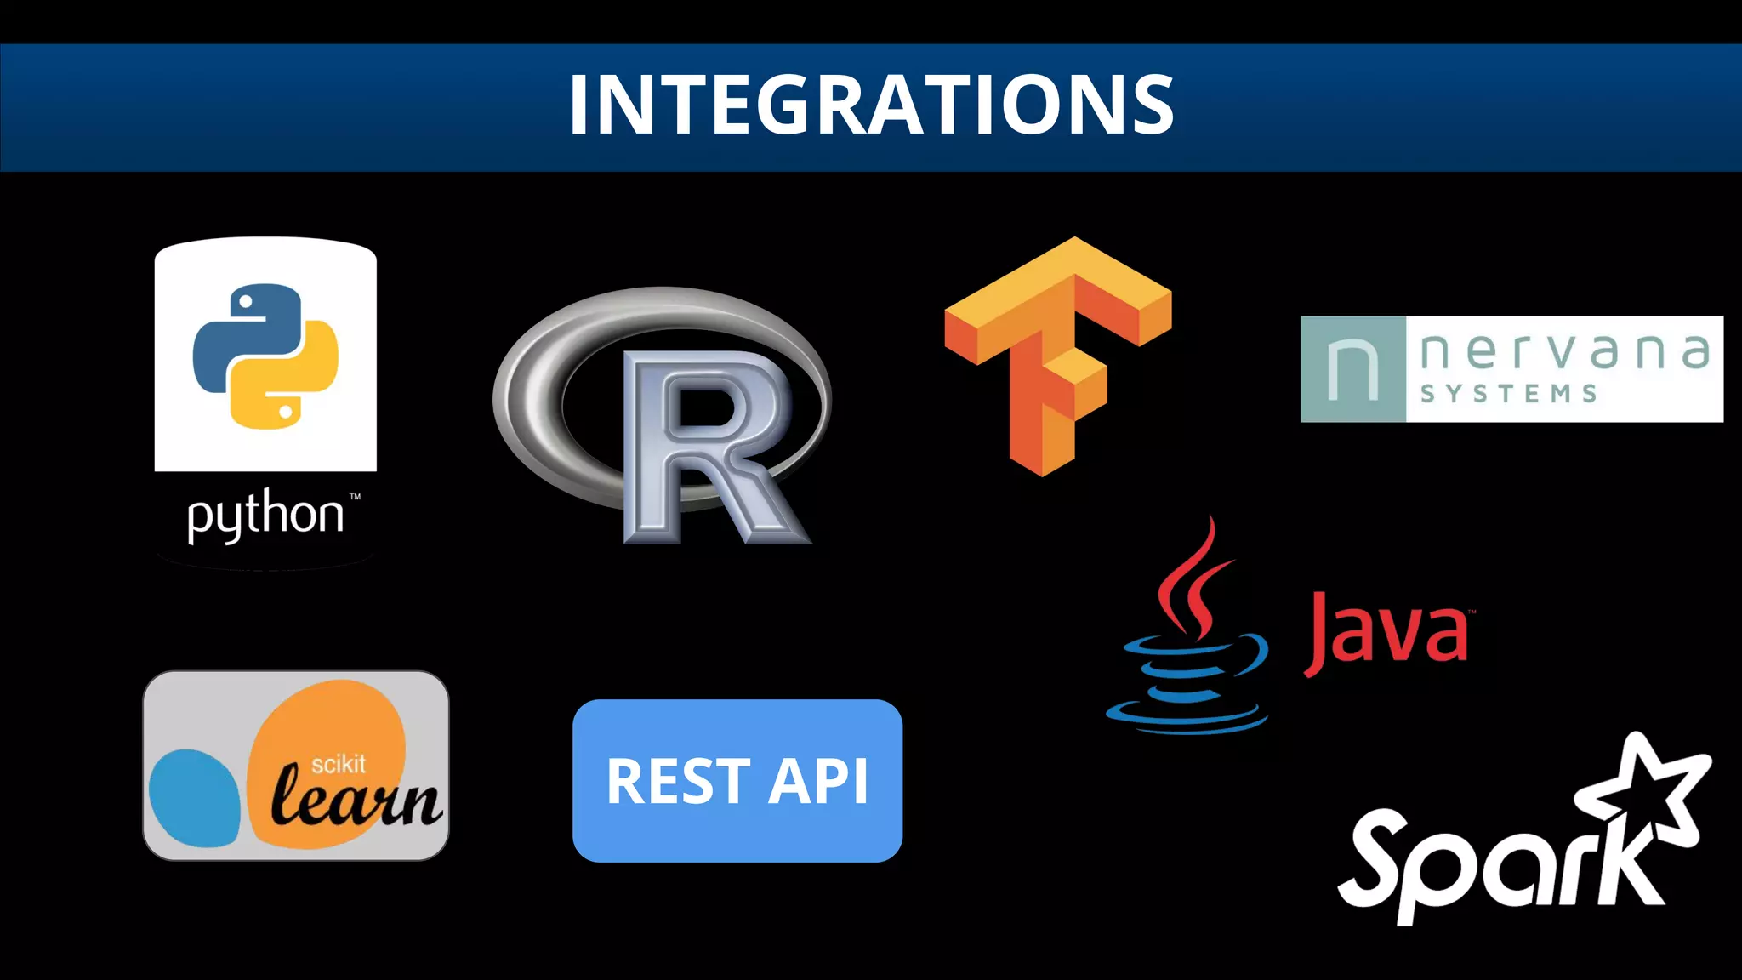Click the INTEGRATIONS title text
871,105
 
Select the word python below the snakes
265,516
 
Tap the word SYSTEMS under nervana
1508,394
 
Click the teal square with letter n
1353,369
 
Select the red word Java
1386,634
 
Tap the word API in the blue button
818,782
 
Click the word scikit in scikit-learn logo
338,764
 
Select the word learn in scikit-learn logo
356,800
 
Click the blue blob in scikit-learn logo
194,798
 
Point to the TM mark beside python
355,496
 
